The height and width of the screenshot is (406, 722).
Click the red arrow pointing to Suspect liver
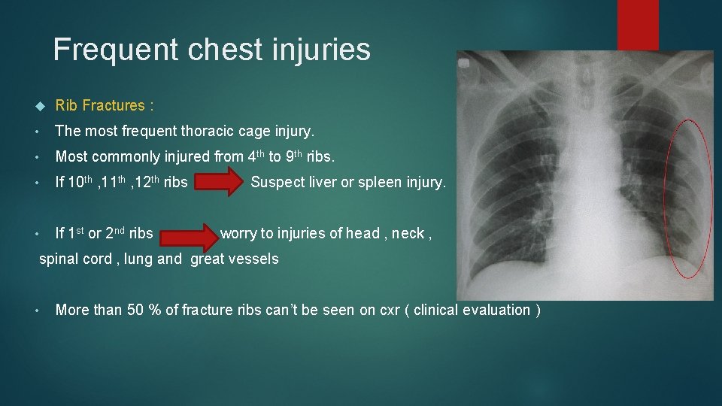(219, 183)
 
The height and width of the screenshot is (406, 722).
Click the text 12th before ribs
(147, 182)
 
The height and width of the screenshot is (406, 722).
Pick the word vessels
(256, 259)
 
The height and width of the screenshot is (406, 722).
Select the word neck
(408, 234)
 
